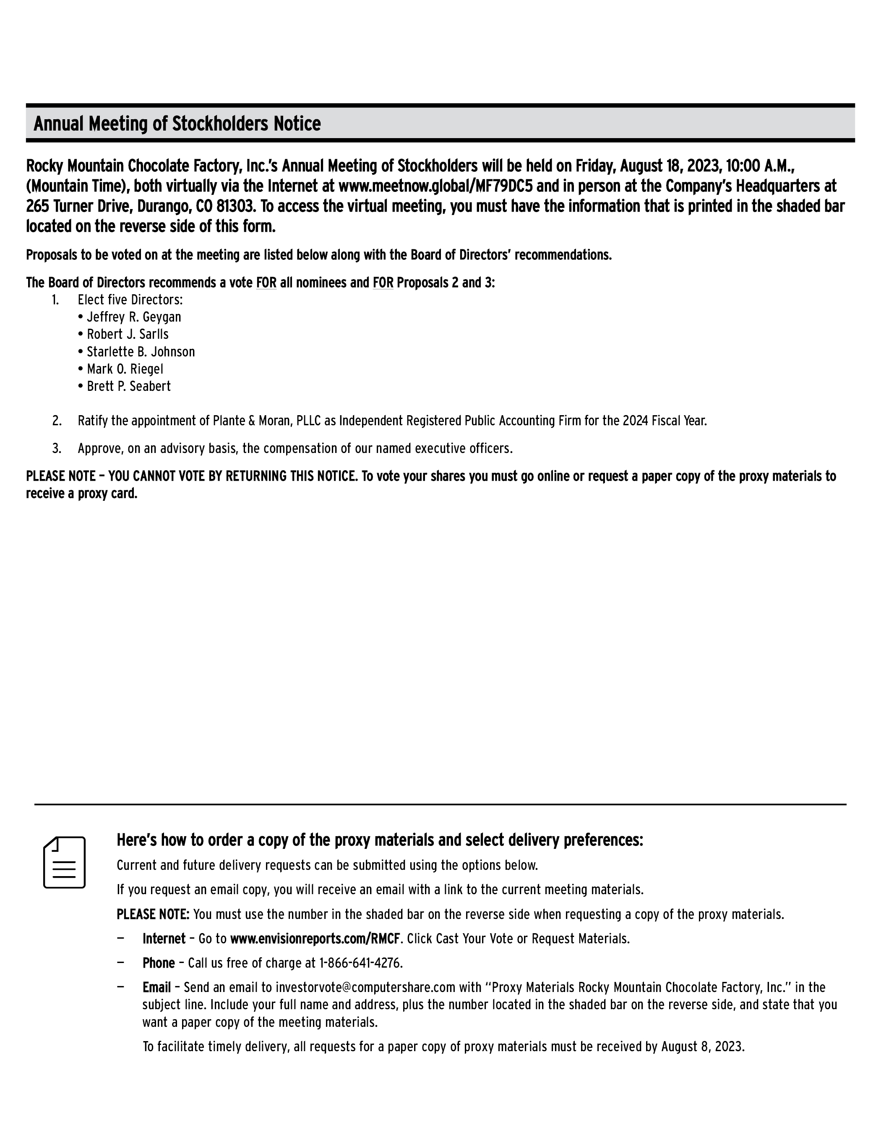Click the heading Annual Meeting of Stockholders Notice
(177, 124)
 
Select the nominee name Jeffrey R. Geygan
(134, 317)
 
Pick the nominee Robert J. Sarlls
(128, 334)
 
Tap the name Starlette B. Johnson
(141, 352)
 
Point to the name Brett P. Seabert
(128, 387)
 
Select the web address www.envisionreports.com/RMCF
(315, 939)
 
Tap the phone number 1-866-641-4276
(360, 963)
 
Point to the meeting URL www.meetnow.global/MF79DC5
(435, 186)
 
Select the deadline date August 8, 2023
(702, 1047)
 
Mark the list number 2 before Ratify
(56, 421)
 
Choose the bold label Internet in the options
(164, 939)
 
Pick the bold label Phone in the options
(159, 963)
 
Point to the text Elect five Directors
(130, 300)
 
